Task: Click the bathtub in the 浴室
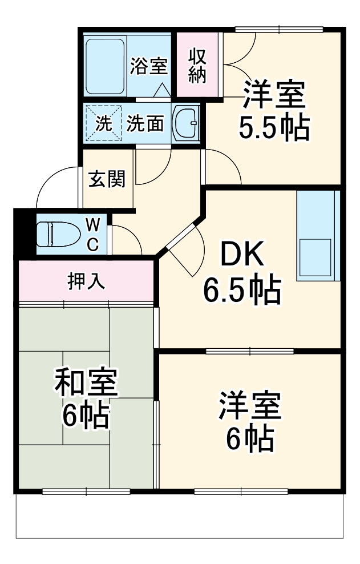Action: tap(105, 66)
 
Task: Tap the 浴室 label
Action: tap(148, 66)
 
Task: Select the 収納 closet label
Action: tap(197, 66)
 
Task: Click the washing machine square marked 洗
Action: tap(103, 123)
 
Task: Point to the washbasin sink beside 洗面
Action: tap(185, 122)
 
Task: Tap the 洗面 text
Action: tap(145, 123)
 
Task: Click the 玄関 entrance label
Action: tap(107, 179)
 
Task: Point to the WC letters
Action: tap(92, 234)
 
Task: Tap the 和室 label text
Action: tap(86, 384)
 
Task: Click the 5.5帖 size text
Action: tap(274, 128)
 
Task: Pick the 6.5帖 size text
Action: tap(242, 291)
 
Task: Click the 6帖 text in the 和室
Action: tap(86, 416)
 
